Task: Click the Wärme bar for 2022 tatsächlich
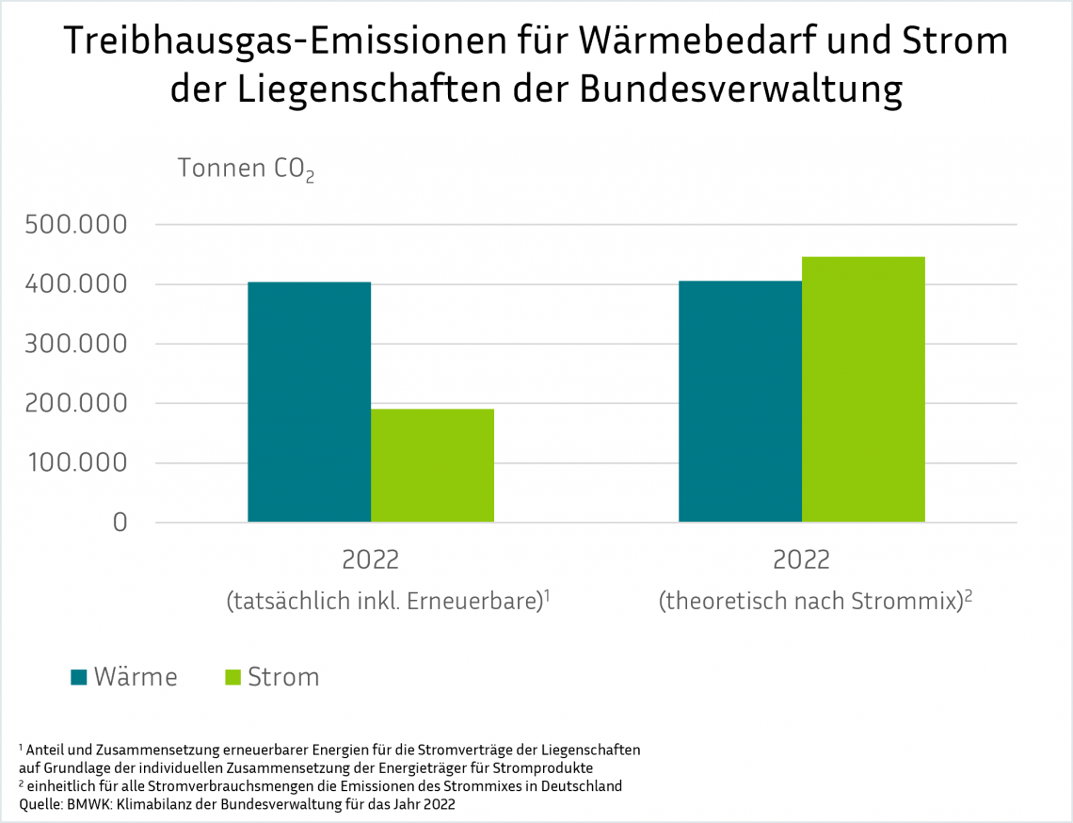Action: (309, 402)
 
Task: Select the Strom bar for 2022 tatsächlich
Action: (432, 465)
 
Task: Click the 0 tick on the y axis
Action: (119, 522)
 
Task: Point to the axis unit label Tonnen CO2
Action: (246, 169)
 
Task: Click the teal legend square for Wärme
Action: (79, 677)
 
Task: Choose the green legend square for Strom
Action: (233, 677)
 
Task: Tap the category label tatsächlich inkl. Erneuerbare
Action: (387, 601)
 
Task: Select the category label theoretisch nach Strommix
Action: (815, 601)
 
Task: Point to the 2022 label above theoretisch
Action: (801, 559)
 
